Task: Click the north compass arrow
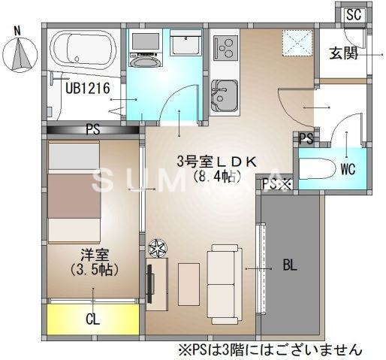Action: click(22, 53)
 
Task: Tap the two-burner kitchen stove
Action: click(225, 48)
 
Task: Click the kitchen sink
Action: click(223, 95)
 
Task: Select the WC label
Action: click(348, 169)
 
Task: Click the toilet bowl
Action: click(321, 168)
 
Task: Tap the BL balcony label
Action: click(290, 265)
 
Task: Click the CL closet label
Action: click(92, 319)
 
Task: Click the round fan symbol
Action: click(158, 248)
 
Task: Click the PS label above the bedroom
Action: click(92, 129)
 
